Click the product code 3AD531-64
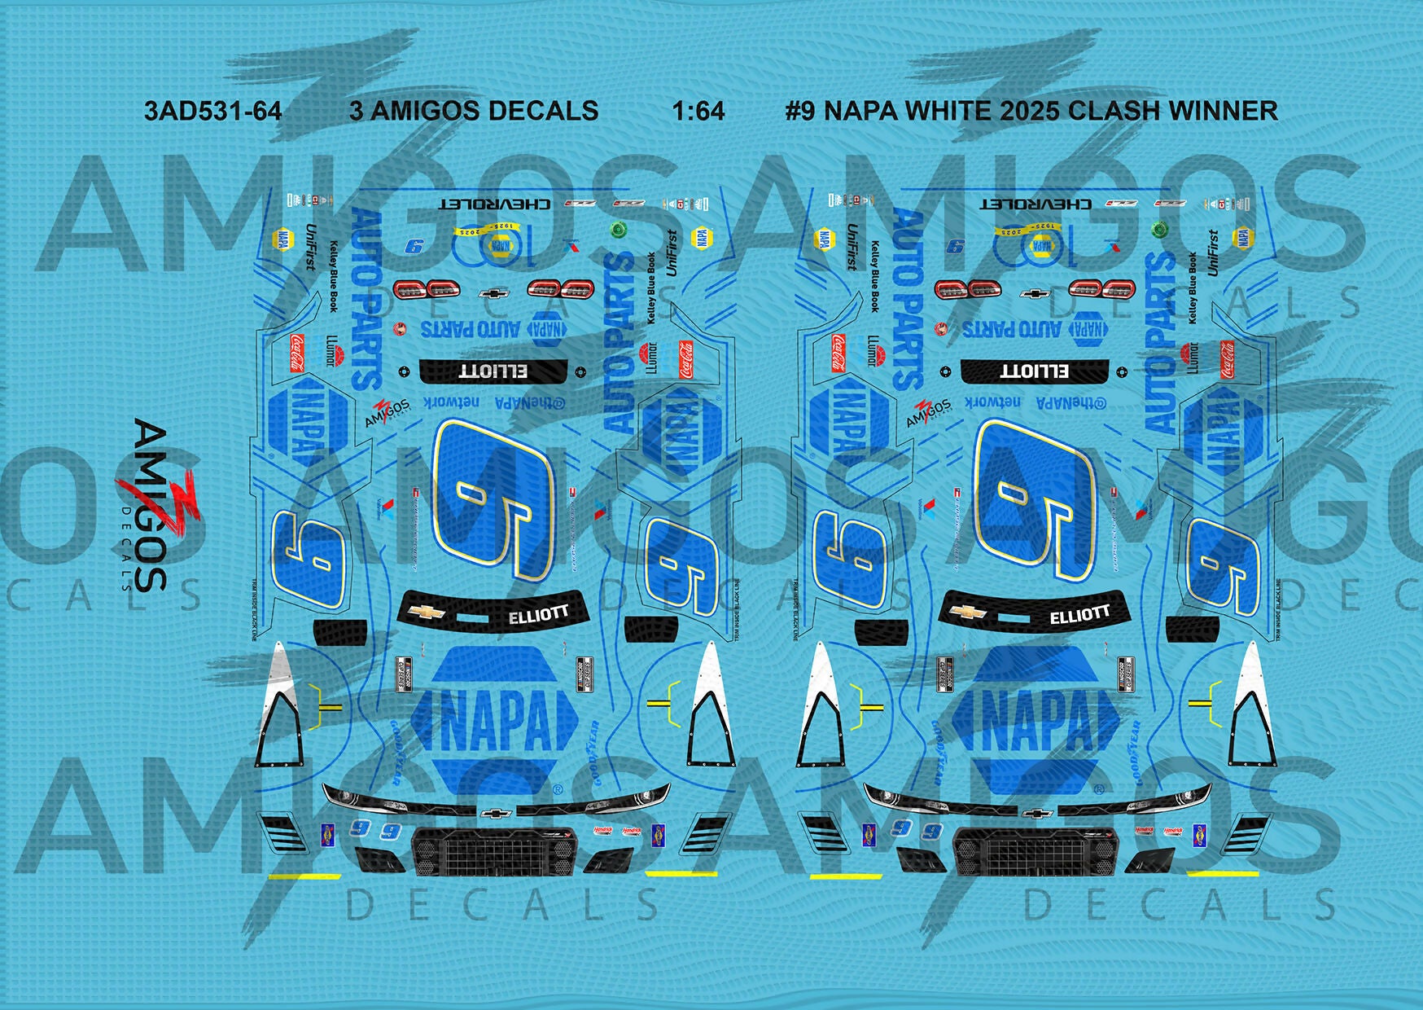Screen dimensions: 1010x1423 212,111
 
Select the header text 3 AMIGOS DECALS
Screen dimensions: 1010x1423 474,111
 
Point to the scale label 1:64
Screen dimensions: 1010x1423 698,111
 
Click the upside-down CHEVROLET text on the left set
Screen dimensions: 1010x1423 495,204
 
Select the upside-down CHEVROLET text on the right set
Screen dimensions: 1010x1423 1036,204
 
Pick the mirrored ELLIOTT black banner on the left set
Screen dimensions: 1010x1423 493,371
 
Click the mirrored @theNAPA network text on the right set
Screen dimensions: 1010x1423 1034,402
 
